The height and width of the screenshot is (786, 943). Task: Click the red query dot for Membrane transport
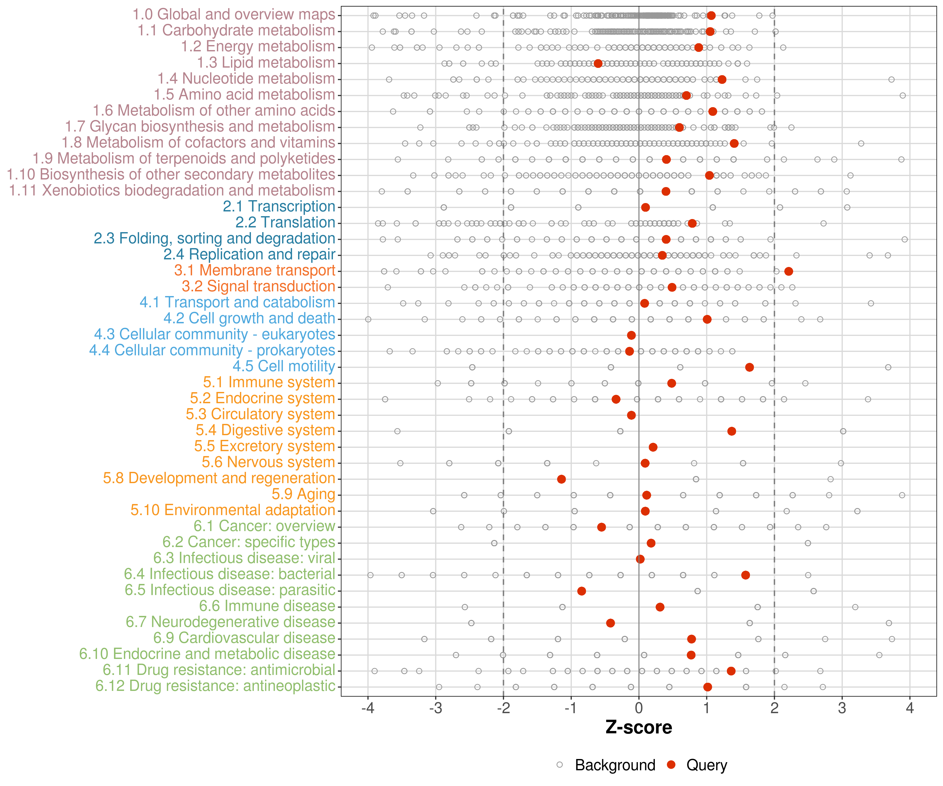(788, 271)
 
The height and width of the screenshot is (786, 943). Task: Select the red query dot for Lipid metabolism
(598, 63)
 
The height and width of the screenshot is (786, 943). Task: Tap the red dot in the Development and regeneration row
(561, 479)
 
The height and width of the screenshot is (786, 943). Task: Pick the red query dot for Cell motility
(749, 367)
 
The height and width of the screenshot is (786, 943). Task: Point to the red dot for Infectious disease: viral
(640, 559)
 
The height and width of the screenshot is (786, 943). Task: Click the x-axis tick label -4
(368, 708)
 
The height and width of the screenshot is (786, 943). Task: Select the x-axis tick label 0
(639, 708)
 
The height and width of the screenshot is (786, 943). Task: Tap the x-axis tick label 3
(842, 708)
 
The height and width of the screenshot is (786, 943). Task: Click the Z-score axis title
(639, 727)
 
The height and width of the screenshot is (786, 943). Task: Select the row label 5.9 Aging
(303, 494)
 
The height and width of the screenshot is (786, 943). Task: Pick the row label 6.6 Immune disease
(267, 606)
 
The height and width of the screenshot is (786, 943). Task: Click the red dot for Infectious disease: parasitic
(582, 591)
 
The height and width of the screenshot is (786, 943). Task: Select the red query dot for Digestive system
(732, 431)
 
